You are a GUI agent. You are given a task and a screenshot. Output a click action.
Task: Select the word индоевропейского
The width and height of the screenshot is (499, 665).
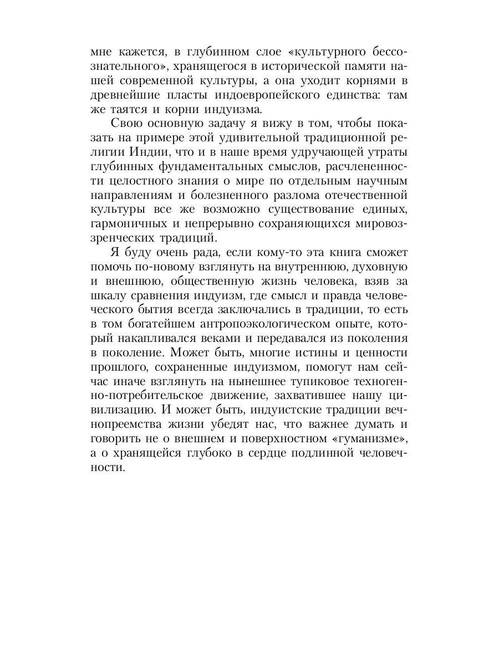[x=263, y=95]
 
